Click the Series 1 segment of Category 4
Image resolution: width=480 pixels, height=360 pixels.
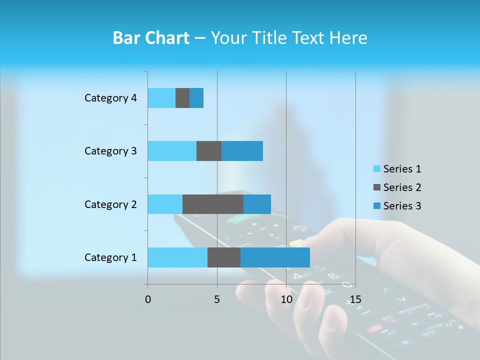coord(161,98)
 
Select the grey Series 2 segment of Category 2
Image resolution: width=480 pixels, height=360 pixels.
coord(213,204)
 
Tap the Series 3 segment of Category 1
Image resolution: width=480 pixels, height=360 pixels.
coord(275,257)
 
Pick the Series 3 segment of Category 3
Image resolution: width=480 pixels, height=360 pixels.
coord(242,151)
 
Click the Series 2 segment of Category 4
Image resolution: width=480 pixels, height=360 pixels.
coord(182,98)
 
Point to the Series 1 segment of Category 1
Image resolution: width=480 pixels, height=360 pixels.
coord(177,257)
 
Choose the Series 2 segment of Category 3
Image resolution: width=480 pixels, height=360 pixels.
coord(209,151)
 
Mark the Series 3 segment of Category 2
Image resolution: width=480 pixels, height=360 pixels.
coord(257,204)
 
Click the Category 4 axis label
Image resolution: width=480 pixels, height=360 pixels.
coord(110,98)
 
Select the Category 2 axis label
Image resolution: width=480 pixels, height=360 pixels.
coord(110,204)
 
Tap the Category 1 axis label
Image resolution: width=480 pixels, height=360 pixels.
coord(110,257)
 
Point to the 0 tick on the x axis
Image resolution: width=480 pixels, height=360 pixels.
coord(148,299)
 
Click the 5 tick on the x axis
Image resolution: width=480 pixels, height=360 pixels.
coord(217,299)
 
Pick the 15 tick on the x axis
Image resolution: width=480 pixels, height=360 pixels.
coord(355,299)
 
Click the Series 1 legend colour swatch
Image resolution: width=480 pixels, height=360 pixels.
coord(376,169)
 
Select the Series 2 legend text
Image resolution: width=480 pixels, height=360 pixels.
coord(402,187)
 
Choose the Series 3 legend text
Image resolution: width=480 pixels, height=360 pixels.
coord(402,206)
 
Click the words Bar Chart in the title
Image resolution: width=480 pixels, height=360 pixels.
coord(151,38)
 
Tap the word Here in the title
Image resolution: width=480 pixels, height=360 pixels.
coord(347,38)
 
